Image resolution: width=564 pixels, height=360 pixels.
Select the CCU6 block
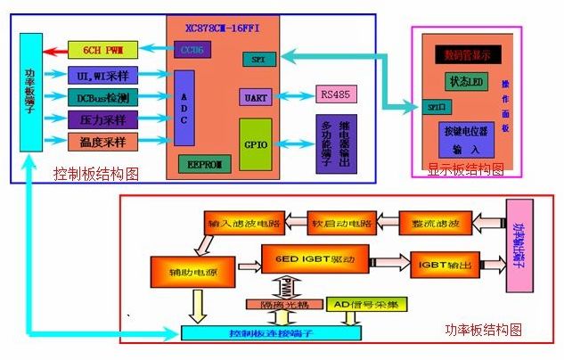pyautogui.click(x=190, y=50)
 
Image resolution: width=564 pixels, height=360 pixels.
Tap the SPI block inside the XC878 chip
pyautogui.click(x=257, y=59)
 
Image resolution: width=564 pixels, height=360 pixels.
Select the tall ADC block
pyautogui.click(x=184, y=108)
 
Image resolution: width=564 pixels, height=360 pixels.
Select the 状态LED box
pyautogui.click(x=466, y=82)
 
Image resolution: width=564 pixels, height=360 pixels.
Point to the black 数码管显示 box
pyautogui.click(x=469, y=54)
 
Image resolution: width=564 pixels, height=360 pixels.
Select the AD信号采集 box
pyautogui.click(x=367, y=305)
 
